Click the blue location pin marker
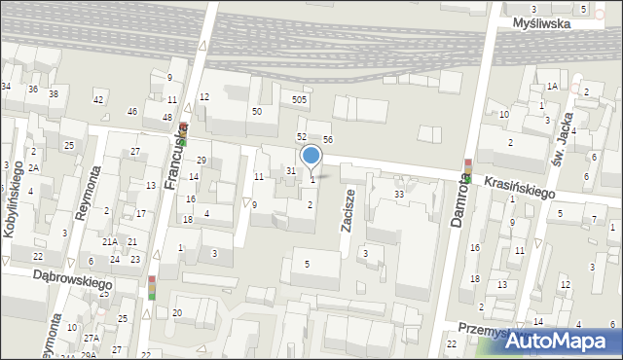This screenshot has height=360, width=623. (311, 157)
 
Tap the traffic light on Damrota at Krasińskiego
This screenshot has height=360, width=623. (468, 171)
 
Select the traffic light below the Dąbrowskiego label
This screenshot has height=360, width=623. (151, 289)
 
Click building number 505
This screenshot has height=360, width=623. (300, 99)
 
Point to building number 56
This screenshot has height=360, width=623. (328, 140)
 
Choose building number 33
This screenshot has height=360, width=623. (399, 195)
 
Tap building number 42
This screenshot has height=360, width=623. (97, 99)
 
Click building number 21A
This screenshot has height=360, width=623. (110, 241)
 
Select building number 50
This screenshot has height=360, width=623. (256, 112)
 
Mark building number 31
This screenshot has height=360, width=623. (290, 170)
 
